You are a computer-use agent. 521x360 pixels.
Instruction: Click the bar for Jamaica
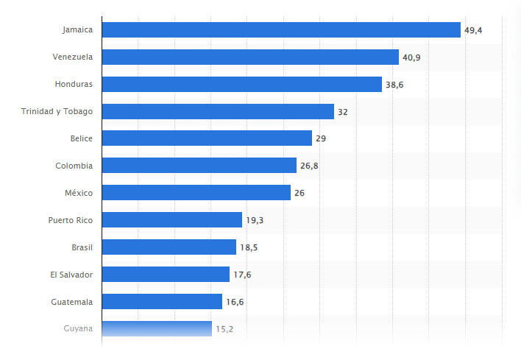click(281, 29)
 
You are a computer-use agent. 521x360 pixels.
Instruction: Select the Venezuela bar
click(250, 57)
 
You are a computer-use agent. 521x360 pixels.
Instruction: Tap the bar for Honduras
click(241, 84)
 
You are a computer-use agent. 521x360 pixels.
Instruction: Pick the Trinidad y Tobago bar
click(218, 111)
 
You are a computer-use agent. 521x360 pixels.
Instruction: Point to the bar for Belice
click(207, 138)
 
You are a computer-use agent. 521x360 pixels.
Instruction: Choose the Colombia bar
click(199, 166)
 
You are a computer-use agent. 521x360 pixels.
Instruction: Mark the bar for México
click(196, 192)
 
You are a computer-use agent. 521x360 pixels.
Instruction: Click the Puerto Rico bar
click(171, 219)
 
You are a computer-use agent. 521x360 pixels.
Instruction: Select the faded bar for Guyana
click(157, 328)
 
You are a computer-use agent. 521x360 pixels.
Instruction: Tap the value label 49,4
click(473, 30)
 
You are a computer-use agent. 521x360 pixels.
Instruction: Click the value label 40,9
click(411, 57)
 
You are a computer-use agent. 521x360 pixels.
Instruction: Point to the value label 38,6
click(394, 85)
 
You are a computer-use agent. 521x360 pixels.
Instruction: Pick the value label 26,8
click(309, 166)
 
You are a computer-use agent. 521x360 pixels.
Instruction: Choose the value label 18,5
click(249, 247)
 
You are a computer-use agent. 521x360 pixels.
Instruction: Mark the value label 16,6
click(235, 302)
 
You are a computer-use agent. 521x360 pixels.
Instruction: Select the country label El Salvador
click(71, 274)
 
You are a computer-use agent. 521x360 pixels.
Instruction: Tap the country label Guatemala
click(71, 301)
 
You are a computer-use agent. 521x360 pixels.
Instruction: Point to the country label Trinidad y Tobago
click(57, 111)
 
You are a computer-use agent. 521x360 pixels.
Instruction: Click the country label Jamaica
click(77, 29)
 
